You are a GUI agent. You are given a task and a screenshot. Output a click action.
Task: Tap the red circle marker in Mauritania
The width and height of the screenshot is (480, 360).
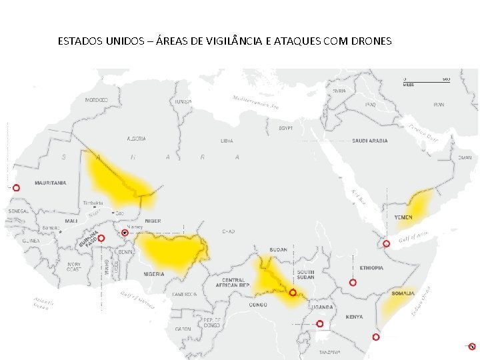pyautogui.click(x=17, y=188)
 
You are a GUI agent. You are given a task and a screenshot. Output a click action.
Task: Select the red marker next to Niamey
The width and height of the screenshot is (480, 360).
pyautogui.click(x=125, y=233)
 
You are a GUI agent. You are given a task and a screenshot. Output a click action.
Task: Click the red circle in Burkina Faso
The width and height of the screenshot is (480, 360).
pyautogui.click(x=101, y=238)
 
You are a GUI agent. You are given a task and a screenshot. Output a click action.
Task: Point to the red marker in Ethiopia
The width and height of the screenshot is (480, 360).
pyautogui.click(x=353, y=283)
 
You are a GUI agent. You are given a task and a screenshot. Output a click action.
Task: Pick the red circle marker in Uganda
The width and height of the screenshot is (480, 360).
pyautogui.click(x=320, y=324)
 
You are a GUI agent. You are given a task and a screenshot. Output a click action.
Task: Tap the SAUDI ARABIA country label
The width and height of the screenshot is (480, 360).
pyautogui.click(x=369, y=141)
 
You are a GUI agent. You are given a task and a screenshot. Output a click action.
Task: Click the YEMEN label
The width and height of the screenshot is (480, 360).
pyautogui.click(x=403, y=218)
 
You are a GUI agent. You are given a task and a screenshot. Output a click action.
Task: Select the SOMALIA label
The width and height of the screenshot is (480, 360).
pyautogui.click(x=403, y=293)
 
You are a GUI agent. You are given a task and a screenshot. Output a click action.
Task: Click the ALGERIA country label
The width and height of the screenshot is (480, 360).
pyautogui.click(x=137, y=139)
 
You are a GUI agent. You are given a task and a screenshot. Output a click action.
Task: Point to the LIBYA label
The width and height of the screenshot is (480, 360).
pyautogui.click(x=227, y=141)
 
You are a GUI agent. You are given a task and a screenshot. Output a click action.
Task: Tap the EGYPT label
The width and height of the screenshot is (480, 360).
pyautogui.click(x=286, y=127)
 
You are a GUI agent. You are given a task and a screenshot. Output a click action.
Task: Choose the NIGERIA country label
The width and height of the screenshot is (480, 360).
pyautogui.click(x=154, y=274)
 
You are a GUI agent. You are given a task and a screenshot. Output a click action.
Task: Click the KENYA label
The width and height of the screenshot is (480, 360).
pyautogui.click(x=354, y=317)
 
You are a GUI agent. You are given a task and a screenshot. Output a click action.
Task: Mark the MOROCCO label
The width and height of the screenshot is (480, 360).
pyautogui.click(x=96, y=100)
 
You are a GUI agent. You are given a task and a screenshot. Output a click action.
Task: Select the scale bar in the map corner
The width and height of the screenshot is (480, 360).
pyautogui.click(x=425, y=81)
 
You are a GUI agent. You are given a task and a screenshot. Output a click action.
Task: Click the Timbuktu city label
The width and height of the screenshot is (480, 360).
pyautogui.click(x=92, y=203)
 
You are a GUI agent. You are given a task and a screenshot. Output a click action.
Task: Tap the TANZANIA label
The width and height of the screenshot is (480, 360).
pyautogui.click(x=329, y=352)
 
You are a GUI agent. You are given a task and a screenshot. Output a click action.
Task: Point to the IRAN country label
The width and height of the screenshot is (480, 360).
pyautogui.click(x=439, y=105)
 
